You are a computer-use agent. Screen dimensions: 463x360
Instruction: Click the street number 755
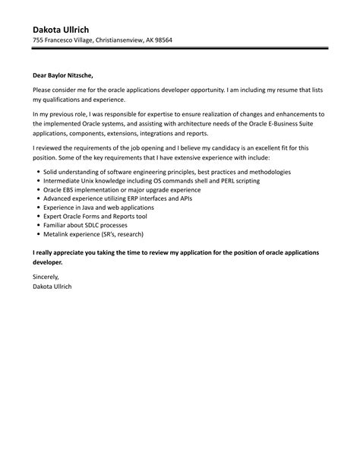coord(28,40)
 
